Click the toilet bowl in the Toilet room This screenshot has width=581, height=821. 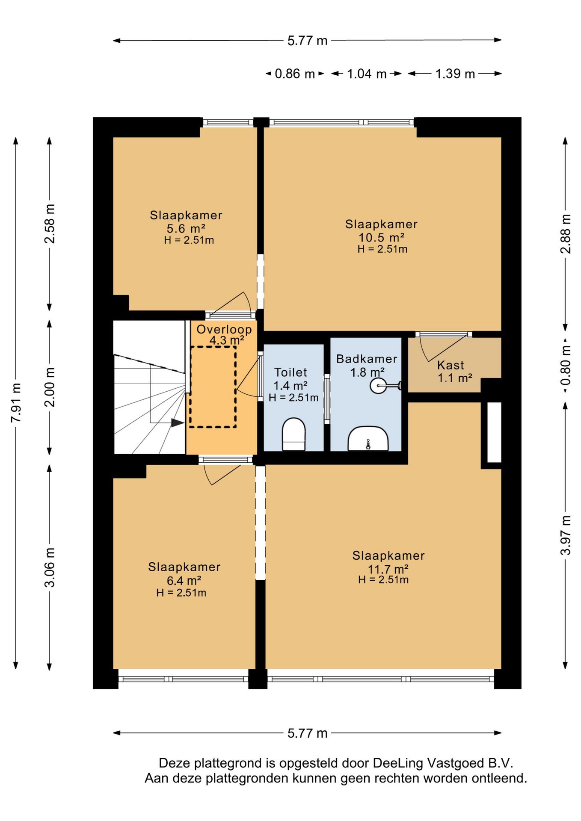[293, 434]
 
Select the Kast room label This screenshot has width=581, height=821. [451, 365]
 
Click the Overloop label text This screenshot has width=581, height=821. [224, 329]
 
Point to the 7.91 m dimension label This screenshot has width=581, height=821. [16, 403]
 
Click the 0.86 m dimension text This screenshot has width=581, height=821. [295, 74]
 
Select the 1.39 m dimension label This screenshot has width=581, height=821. [455, 74]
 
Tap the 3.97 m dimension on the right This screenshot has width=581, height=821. [566, 535]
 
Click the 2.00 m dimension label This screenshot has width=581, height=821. [50, 387]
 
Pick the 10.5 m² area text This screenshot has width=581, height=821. [381, 237]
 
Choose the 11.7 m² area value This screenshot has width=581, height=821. [388, 569]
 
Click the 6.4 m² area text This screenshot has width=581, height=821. [184, 581]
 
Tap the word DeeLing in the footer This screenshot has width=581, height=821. [398, 763]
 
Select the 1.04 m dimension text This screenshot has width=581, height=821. [367, 74]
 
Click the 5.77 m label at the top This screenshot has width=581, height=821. [307, 41]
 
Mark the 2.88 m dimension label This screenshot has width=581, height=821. [566, 233]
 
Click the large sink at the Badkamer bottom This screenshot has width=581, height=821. [368, 438]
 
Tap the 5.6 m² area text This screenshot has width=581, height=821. [186, 228]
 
